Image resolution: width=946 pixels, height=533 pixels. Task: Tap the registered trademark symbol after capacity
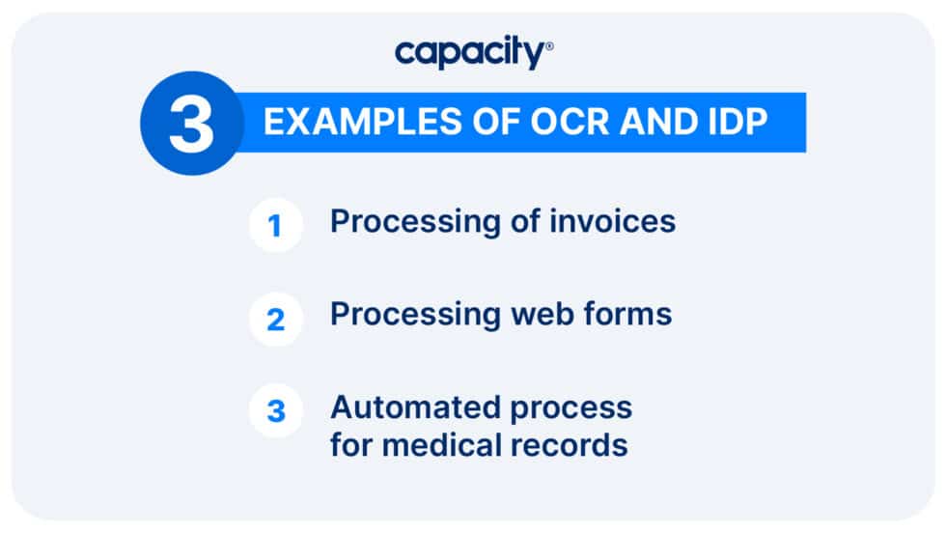pos(550,45)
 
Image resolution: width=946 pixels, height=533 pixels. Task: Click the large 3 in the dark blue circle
pos(191,124)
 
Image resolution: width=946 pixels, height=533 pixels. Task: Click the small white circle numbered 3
pos(276,410)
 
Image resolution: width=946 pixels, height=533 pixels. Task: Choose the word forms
pos(627,314)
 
